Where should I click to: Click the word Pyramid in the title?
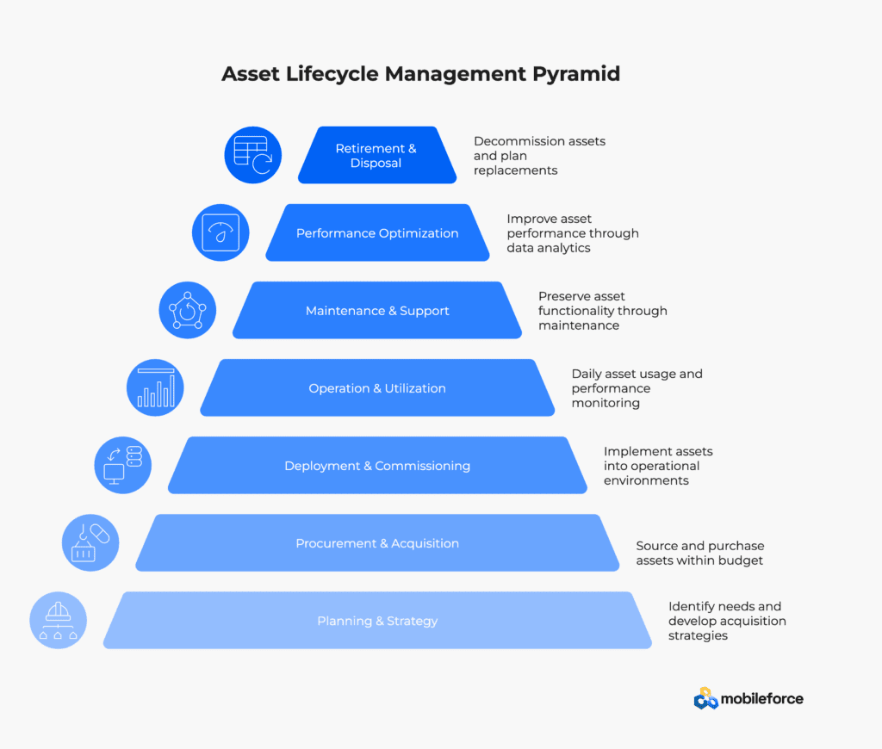pos(576,74)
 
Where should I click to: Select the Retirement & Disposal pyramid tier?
pos(377,155)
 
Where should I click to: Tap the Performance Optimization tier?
pos(377,232)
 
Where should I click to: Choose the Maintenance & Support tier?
pos(377,311)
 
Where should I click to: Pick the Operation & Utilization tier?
pos(377,388)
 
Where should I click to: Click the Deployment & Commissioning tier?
pos(377,466)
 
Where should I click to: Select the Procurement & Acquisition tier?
pos(377,543)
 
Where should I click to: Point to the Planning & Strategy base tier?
pos(377,621)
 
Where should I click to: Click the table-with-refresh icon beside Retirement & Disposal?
pos(253,155)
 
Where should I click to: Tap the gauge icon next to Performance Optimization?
pos(220,232)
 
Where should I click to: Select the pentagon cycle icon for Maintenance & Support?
pos(188,311)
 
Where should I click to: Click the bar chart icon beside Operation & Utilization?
pos(155,388)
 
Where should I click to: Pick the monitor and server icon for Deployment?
pos(123,466)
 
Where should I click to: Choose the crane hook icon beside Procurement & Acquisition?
pos(90,543)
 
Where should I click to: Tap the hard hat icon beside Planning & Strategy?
pos(59,621)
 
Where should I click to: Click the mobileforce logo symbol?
pos(706,699)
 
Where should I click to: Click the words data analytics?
pos(549,248)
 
